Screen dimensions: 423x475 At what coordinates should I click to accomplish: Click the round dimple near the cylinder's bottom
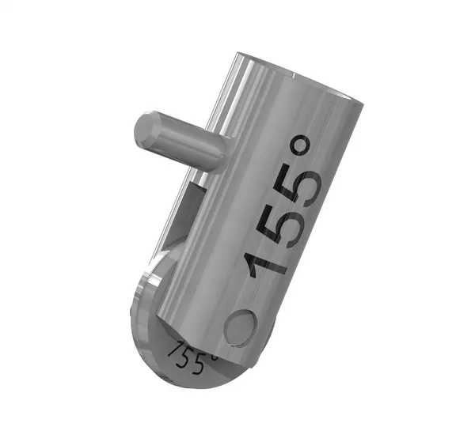(x=240, y=326)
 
